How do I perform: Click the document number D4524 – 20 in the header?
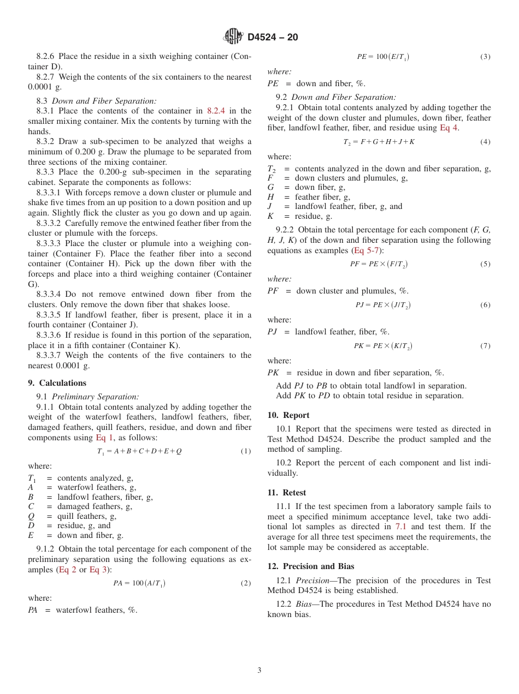[x=273, y=37]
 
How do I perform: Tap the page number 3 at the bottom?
[x=259, y=671]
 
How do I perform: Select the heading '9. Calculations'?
[x=57, y=383]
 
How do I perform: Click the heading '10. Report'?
[x=288, y=415]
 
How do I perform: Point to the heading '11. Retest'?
[x=287, y=493]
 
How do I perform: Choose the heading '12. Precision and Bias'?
[x=311, y=566]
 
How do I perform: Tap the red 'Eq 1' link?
[x=104, y=438]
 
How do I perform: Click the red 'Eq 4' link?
[x=449, y=128]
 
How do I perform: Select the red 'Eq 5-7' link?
[x=366, y=250]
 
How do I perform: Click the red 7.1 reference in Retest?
[x=400, y=527]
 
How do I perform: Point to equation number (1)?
[x=246, y=452]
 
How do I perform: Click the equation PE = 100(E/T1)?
[x=383, y=57]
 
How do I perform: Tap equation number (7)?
[x=485, y=346]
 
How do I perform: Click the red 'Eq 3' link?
[x=98, y=570]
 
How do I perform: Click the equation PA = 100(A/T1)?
[x=139, y=583]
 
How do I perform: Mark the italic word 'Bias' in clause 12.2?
[x=305, y=605]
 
